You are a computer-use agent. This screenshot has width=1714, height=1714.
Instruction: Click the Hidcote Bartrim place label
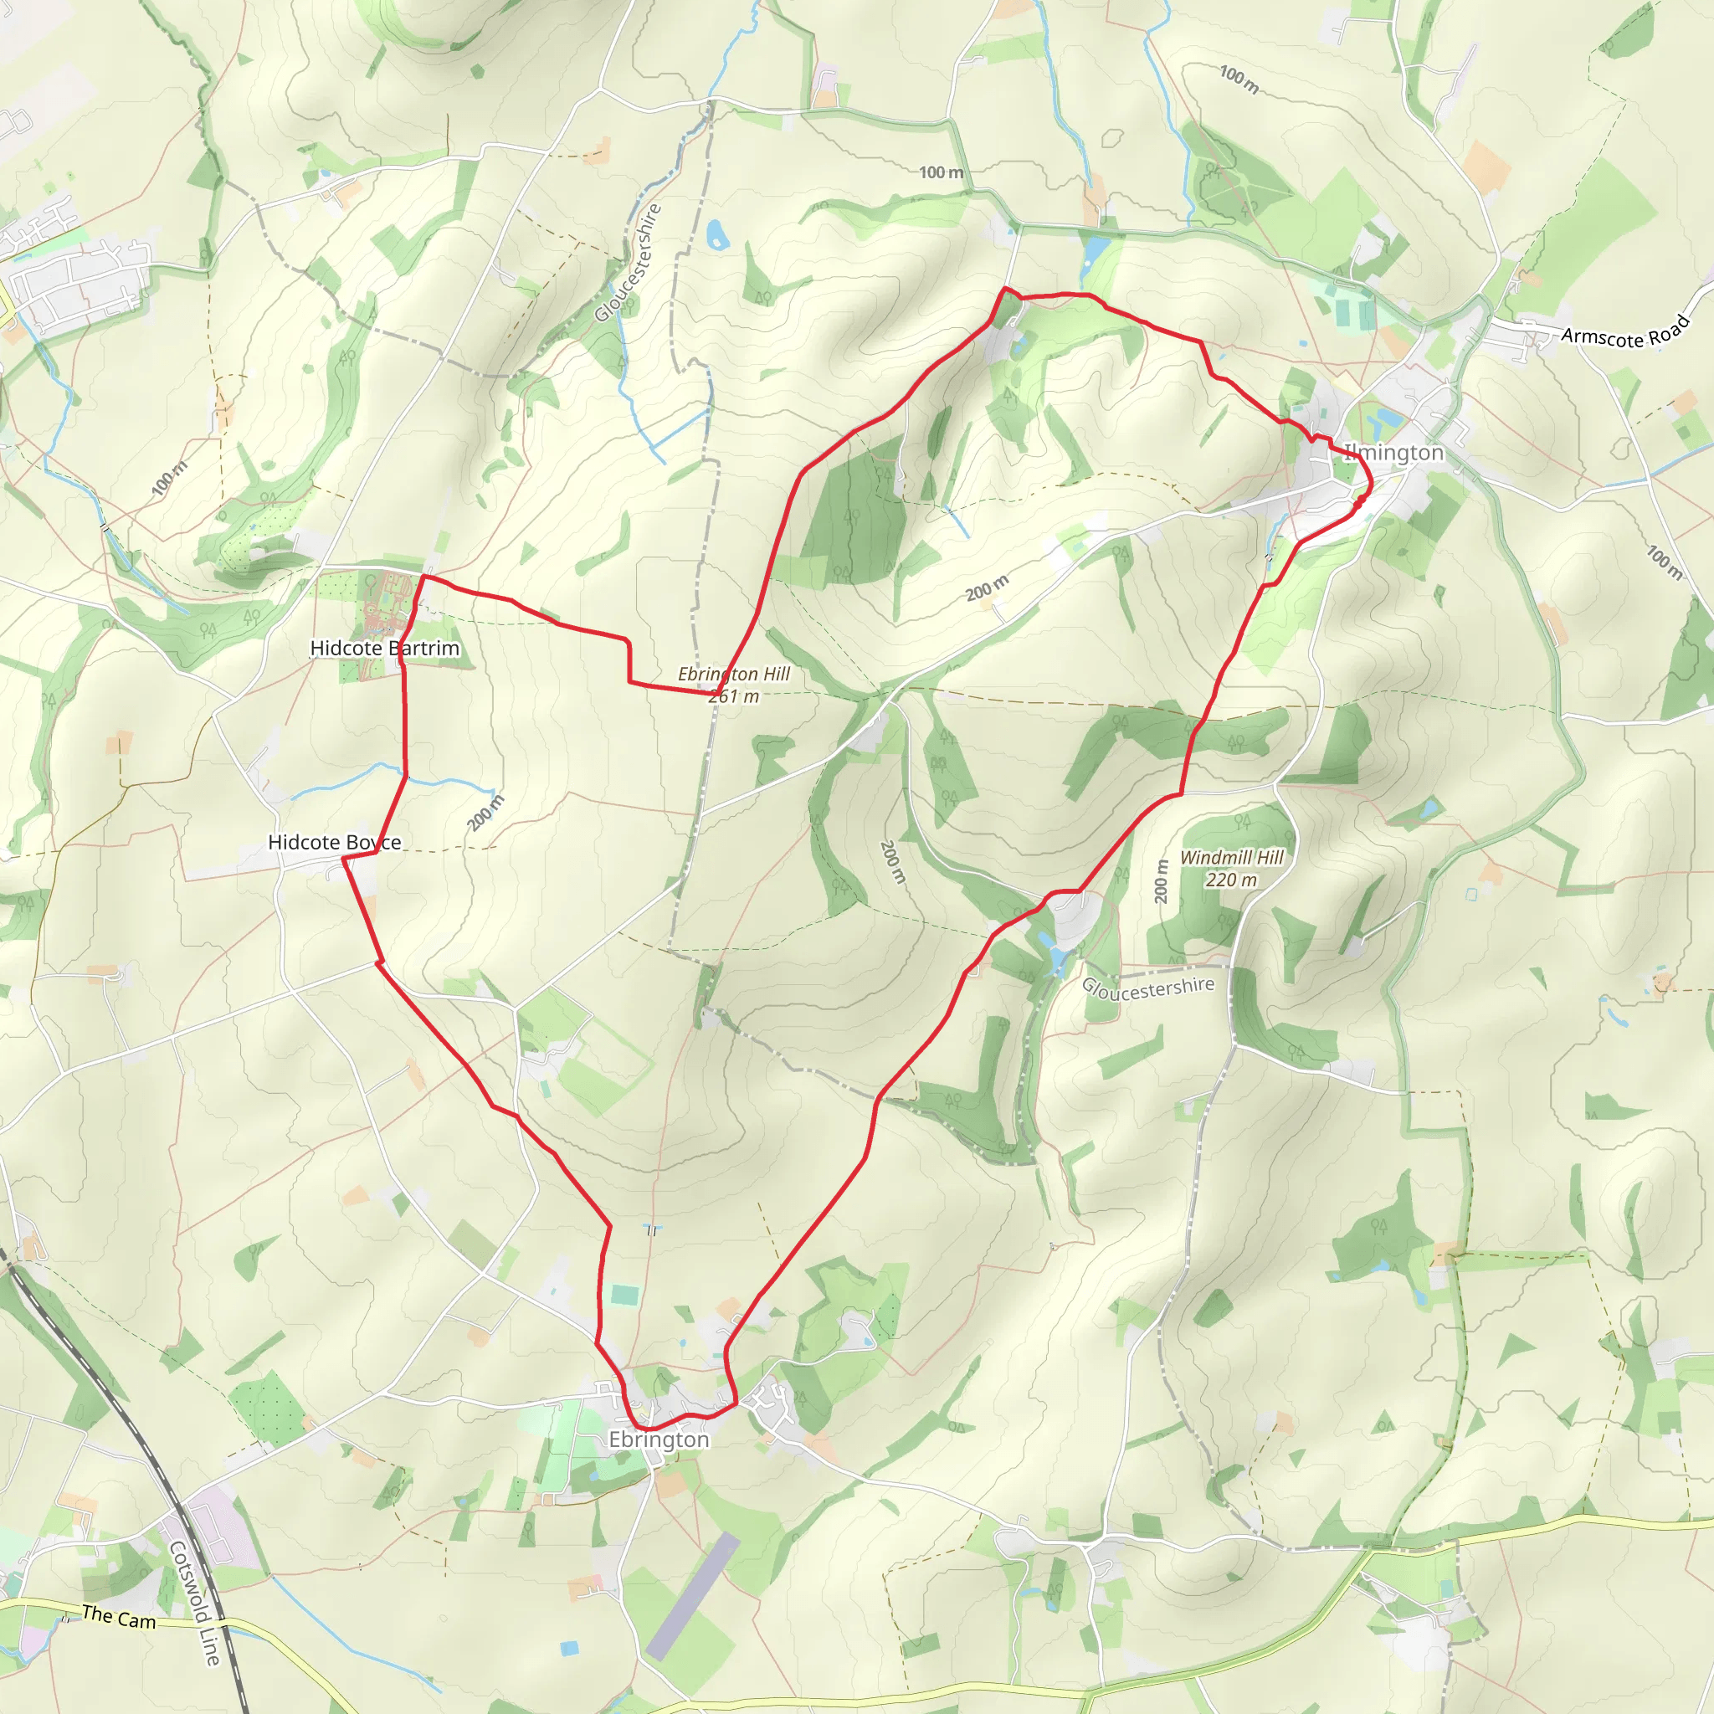tap(384, 649)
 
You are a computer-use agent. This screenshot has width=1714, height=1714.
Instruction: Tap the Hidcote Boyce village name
tap(335, 842)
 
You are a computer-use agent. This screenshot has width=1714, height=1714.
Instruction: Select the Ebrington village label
tap(659, 1439)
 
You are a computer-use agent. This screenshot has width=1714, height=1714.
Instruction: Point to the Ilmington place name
tap(1393, 453)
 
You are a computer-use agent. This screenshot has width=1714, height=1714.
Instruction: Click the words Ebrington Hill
tap(734, 675)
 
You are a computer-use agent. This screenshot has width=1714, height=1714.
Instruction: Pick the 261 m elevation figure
tap(734, 696)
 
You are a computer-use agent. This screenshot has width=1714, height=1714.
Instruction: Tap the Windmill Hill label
tap(1231, 857)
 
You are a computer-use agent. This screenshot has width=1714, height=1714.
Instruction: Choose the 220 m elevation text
tap(1231, 880)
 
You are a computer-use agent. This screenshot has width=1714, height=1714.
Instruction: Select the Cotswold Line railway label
tap(193, 1602)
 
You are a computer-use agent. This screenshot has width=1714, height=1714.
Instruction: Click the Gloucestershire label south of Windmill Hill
tap(1148, 988)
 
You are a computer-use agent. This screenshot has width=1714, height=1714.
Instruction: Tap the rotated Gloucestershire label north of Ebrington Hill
tap(629, 263)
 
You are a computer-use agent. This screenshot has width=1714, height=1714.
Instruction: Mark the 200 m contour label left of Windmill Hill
tap(1162, 881)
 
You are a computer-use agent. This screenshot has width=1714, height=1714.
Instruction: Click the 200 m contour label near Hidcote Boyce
tap(485, 813)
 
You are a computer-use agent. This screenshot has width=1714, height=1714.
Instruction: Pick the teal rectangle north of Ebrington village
tap(624, 1296)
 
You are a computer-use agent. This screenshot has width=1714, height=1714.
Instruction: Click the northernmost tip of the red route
tap(1005, 289)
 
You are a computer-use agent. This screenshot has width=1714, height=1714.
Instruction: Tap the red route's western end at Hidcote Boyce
tap(343, 858)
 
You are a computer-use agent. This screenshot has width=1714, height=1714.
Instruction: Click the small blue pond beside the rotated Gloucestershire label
tap(716, 235)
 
